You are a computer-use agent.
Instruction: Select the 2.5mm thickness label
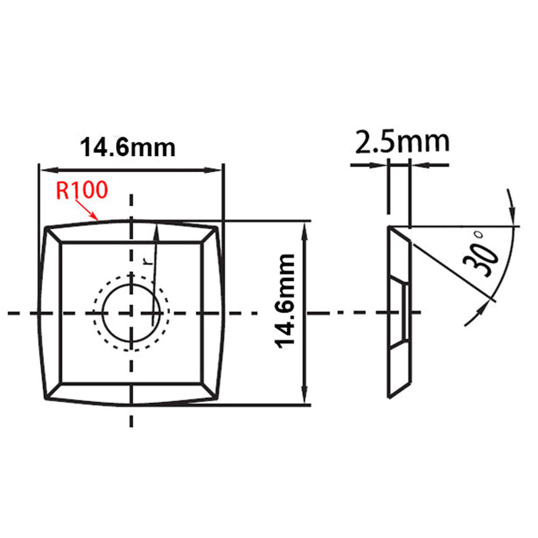(402, 142)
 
